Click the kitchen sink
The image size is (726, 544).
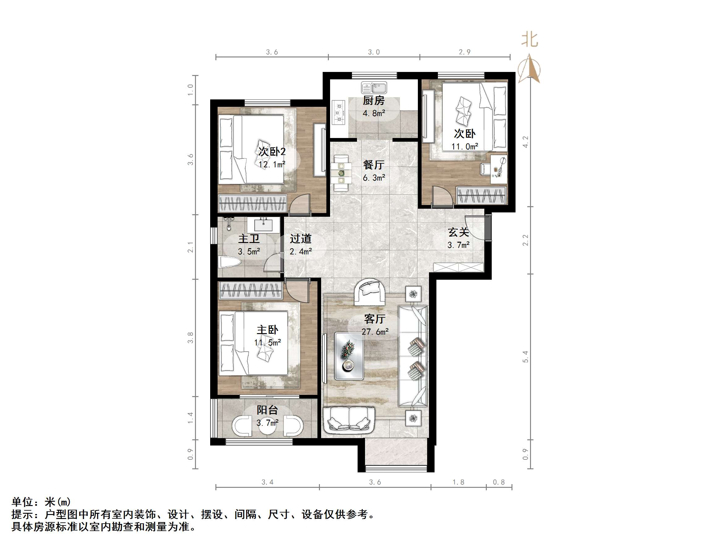(x=374, y=88)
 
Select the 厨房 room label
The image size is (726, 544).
(x=373, y=101)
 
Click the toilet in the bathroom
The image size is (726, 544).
(x=229, y=262)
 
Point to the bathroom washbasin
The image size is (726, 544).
(x=264, y=225)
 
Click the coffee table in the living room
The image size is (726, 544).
(x=349, y=356)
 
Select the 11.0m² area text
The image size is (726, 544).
(x=465, y=147)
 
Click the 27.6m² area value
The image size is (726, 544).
(x=375, y=332)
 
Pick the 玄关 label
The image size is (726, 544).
(x=458, y=232)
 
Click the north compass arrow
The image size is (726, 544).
(x=529, y=69)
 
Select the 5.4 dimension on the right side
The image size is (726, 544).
(x=525, y=356)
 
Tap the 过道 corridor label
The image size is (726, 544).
(x=300, y=239)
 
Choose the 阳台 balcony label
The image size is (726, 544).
(x=267, y=410)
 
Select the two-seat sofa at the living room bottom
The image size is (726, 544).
(x=349, y=419)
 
